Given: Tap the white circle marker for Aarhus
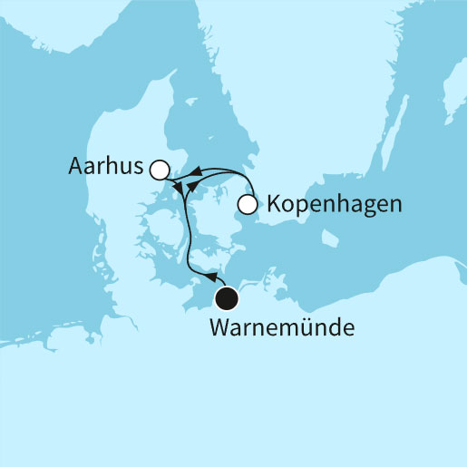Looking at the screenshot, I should (161, 169).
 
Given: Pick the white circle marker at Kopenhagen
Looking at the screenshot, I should (247, 206).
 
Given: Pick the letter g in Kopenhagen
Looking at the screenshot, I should (363, 207).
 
